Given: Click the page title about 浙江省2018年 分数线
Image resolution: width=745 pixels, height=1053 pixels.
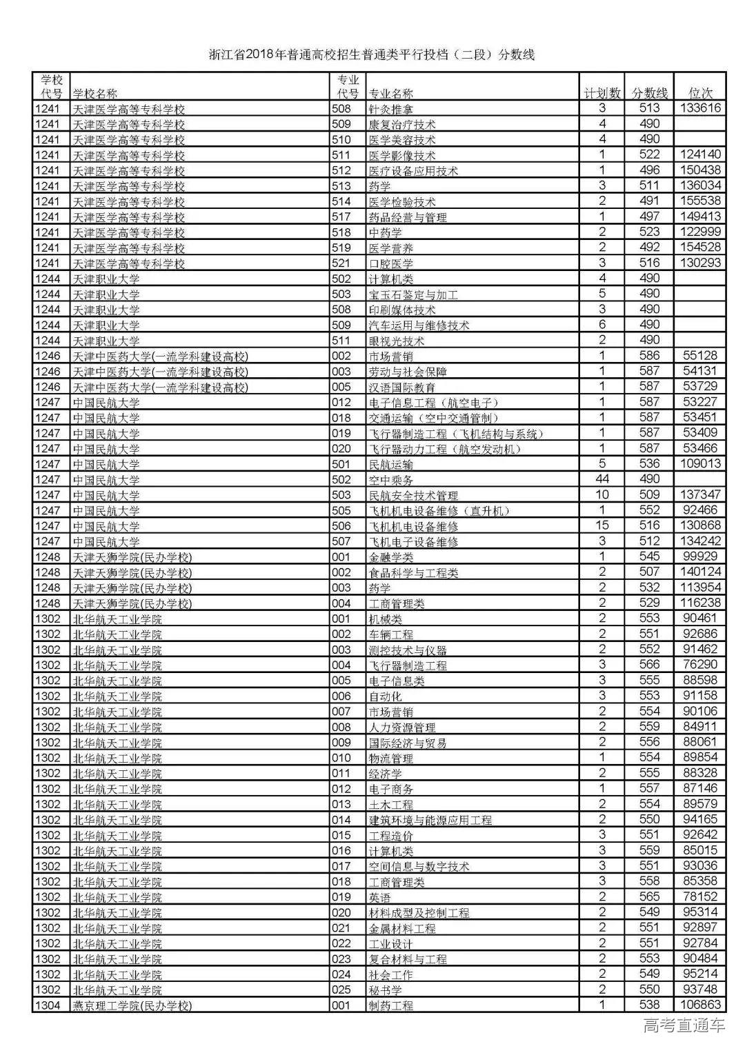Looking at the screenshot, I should pyautogui.click(x=372, y=55).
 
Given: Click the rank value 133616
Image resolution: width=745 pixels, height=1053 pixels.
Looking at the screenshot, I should pyautogui.click(x=700, y=108).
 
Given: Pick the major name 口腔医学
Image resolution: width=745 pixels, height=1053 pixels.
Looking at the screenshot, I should pyautogui.click(x=391, y=263).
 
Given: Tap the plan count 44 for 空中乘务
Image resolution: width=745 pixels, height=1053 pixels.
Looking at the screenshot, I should pyautogui.click(x=602, y=479).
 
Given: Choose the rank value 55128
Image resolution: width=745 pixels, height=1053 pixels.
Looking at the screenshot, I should pyautogui.click(x=700, y=356).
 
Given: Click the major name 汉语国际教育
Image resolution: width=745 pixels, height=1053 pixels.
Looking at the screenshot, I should pyautogui.click(x=402, y=387).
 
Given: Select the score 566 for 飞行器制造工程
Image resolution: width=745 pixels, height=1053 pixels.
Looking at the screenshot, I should pyautogui.click(x=650, y=665).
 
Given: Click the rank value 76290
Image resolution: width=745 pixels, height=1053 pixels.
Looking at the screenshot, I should pyautogui.click(x=700, y=665).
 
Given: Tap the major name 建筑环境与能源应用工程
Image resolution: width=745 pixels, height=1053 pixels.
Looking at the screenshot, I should pyautogui.click(x=430, y=820).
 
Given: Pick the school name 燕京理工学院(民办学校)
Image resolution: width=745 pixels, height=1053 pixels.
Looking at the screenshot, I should pyautogui.click(x=132, y=1005).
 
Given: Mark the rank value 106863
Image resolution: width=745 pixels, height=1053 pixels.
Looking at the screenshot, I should pyautogui.click(x=700, y=1005).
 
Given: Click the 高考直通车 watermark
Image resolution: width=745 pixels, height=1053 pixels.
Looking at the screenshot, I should pyautogui.click(x=684, y=1027).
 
